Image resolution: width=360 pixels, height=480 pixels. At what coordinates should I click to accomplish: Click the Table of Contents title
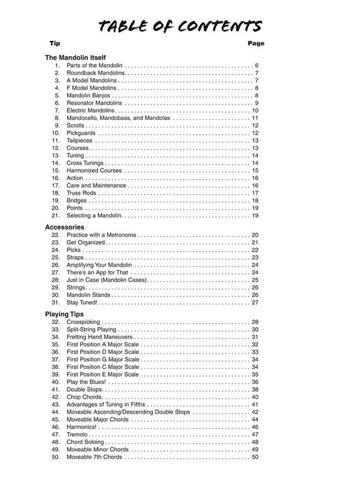[x=180, y=26]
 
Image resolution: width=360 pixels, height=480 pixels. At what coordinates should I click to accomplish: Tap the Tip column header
[x=54, y=43]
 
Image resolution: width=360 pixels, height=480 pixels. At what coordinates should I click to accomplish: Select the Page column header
[x=256, y=43]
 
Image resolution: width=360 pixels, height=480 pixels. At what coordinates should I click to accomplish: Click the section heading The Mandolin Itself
[x=75, y=57]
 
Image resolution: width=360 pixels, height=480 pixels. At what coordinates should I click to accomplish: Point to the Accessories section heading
[x=64, y=227]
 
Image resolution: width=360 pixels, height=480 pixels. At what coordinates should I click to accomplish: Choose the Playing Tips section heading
[x=64, y=314]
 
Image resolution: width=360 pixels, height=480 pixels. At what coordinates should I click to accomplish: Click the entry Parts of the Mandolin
[x=94, y=66]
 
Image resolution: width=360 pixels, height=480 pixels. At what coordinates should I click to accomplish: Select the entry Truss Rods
[x=81, y=193]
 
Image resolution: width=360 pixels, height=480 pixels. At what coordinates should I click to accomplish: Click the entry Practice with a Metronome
[x=101, y=235]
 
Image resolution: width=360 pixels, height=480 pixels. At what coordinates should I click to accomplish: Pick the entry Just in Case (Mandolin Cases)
[x=107, y=280]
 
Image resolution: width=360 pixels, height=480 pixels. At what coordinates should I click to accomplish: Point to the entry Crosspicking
[x=83, y=322]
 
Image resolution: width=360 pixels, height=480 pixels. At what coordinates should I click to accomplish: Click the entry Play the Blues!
[x=86, y=382]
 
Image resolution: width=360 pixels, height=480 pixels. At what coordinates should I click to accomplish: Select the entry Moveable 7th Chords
[x=94, y=457]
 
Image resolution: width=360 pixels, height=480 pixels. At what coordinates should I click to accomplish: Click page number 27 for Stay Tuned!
[x=255, y=303]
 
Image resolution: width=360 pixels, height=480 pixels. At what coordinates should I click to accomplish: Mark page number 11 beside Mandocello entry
[x=255, y=118]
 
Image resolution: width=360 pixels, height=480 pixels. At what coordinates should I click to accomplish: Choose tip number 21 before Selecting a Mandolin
[x=56, y=216]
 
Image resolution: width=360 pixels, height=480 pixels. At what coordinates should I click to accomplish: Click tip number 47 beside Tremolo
[x=56, y=434]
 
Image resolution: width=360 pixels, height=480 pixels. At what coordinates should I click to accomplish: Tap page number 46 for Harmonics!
[x=255, y=427]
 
